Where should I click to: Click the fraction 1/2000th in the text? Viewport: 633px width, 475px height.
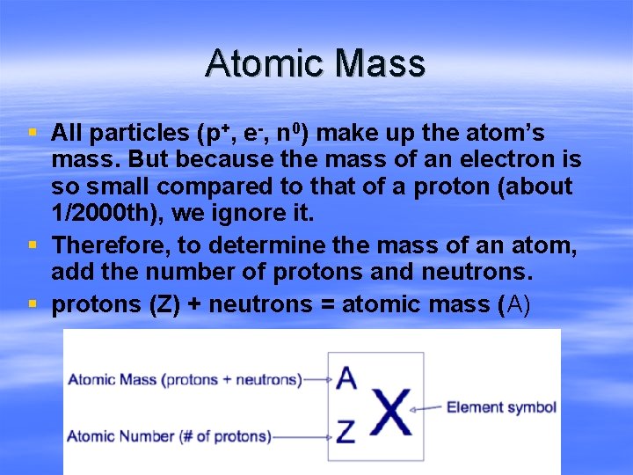tap(100, 214)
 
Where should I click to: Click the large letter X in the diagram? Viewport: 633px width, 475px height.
tap(390, 408)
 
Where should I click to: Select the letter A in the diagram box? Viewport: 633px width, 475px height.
tap(346, 377)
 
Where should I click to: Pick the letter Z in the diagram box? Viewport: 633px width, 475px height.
tap(346, 431)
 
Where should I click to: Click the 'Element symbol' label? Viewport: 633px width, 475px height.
tap(501, 407)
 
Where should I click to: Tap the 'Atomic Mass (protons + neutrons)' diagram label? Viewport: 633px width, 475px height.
tap(185, 380)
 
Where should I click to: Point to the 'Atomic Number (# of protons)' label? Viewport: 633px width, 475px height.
tap(169, 435)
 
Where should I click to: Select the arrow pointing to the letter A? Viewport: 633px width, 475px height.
tap(316, 380)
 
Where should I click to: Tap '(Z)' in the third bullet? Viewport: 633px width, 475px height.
tap(151, 305)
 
